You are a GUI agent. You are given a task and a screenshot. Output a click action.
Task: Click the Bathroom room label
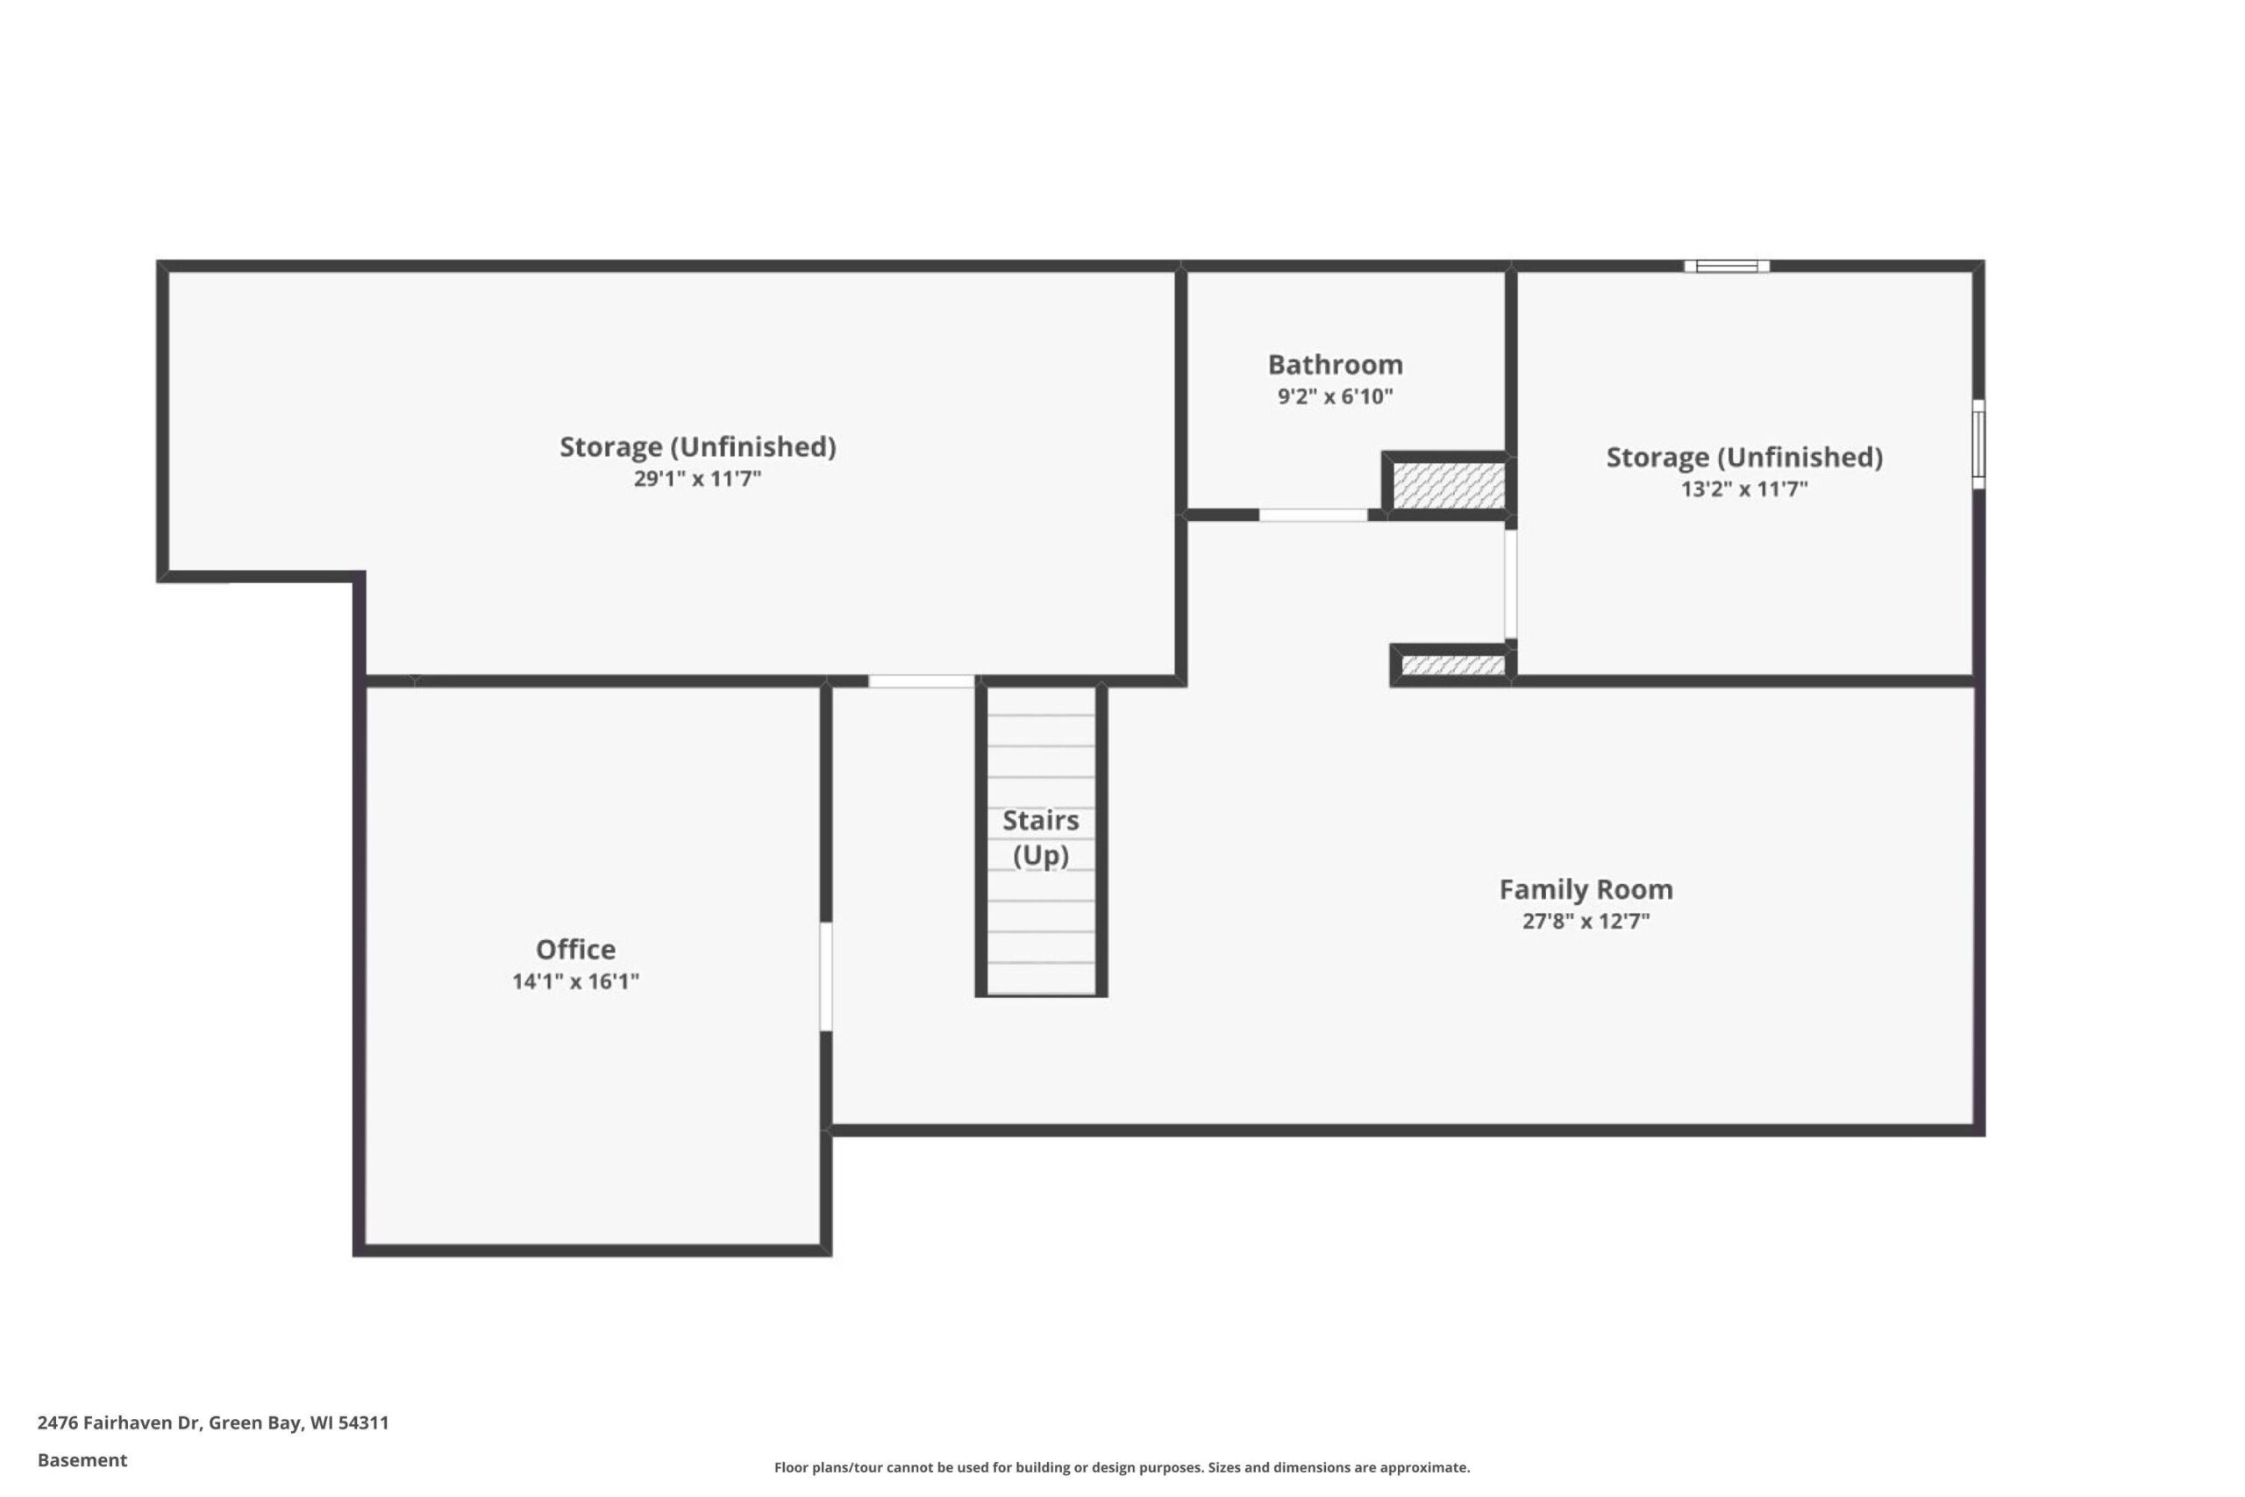click(1335, 365)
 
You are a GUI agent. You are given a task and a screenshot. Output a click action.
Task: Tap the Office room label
click(575, 949)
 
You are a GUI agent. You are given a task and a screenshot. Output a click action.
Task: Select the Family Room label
click(1586, 890)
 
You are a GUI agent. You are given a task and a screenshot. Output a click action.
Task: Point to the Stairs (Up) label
click(1040, 838)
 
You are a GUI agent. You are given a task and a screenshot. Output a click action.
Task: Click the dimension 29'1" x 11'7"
click(698, 478)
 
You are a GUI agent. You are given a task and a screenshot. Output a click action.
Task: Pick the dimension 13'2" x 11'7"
click(1744, 488)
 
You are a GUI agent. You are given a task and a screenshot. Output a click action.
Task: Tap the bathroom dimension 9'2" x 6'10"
click(1336, 396)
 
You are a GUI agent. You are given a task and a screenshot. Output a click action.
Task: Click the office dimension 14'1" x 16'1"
click(575, 981)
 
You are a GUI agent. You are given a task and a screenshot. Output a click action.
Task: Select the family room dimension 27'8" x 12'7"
click(1586, 922)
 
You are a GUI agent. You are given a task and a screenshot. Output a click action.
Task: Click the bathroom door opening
click(1313, 515)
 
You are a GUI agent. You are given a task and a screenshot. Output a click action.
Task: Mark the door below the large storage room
click(921, 681)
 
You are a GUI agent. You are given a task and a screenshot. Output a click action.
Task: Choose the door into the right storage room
click(1510, 583)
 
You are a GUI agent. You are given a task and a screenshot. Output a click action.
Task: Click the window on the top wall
click(1727, 267)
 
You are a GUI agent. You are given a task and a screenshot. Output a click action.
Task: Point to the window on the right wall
click(1978, 444)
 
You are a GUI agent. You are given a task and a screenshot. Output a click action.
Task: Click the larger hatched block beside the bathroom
click(1448, 485)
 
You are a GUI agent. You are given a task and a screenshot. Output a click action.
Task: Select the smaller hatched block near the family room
click(1453, 665)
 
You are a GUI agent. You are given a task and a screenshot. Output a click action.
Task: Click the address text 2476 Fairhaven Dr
click(118, 1422)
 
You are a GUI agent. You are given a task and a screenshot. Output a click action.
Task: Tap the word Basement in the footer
click(82, 1460)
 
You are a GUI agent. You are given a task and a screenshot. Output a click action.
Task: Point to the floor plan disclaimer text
click(1122, 1467)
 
